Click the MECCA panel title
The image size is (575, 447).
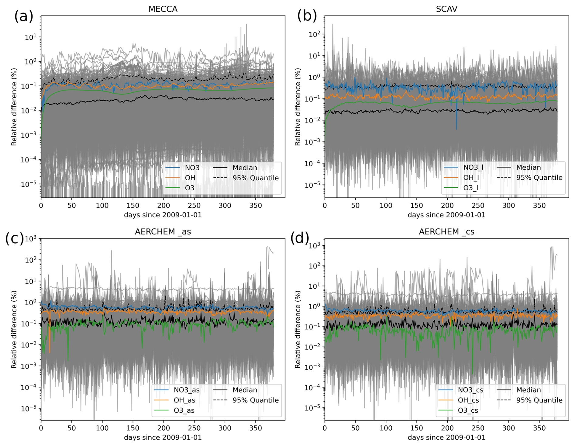tap(163, 9)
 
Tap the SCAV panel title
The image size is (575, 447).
tap(446, 9)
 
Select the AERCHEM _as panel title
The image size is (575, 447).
tap(163, 232)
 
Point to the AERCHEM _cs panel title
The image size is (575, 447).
tap(446, 232)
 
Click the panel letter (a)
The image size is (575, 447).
tap(24, 16)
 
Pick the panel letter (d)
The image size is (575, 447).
tap(300, 238)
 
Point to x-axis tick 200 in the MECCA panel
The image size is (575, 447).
tap(164, 206)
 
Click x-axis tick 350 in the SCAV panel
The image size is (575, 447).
tap(539, 206)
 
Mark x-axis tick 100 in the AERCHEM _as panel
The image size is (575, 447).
tap(102, 428)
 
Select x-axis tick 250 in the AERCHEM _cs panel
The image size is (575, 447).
tap(478, 428)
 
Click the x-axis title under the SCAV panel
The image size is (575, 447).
tap(446, 215)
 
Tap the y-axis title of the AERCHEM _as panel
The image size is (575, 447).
tap(14, 329)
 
